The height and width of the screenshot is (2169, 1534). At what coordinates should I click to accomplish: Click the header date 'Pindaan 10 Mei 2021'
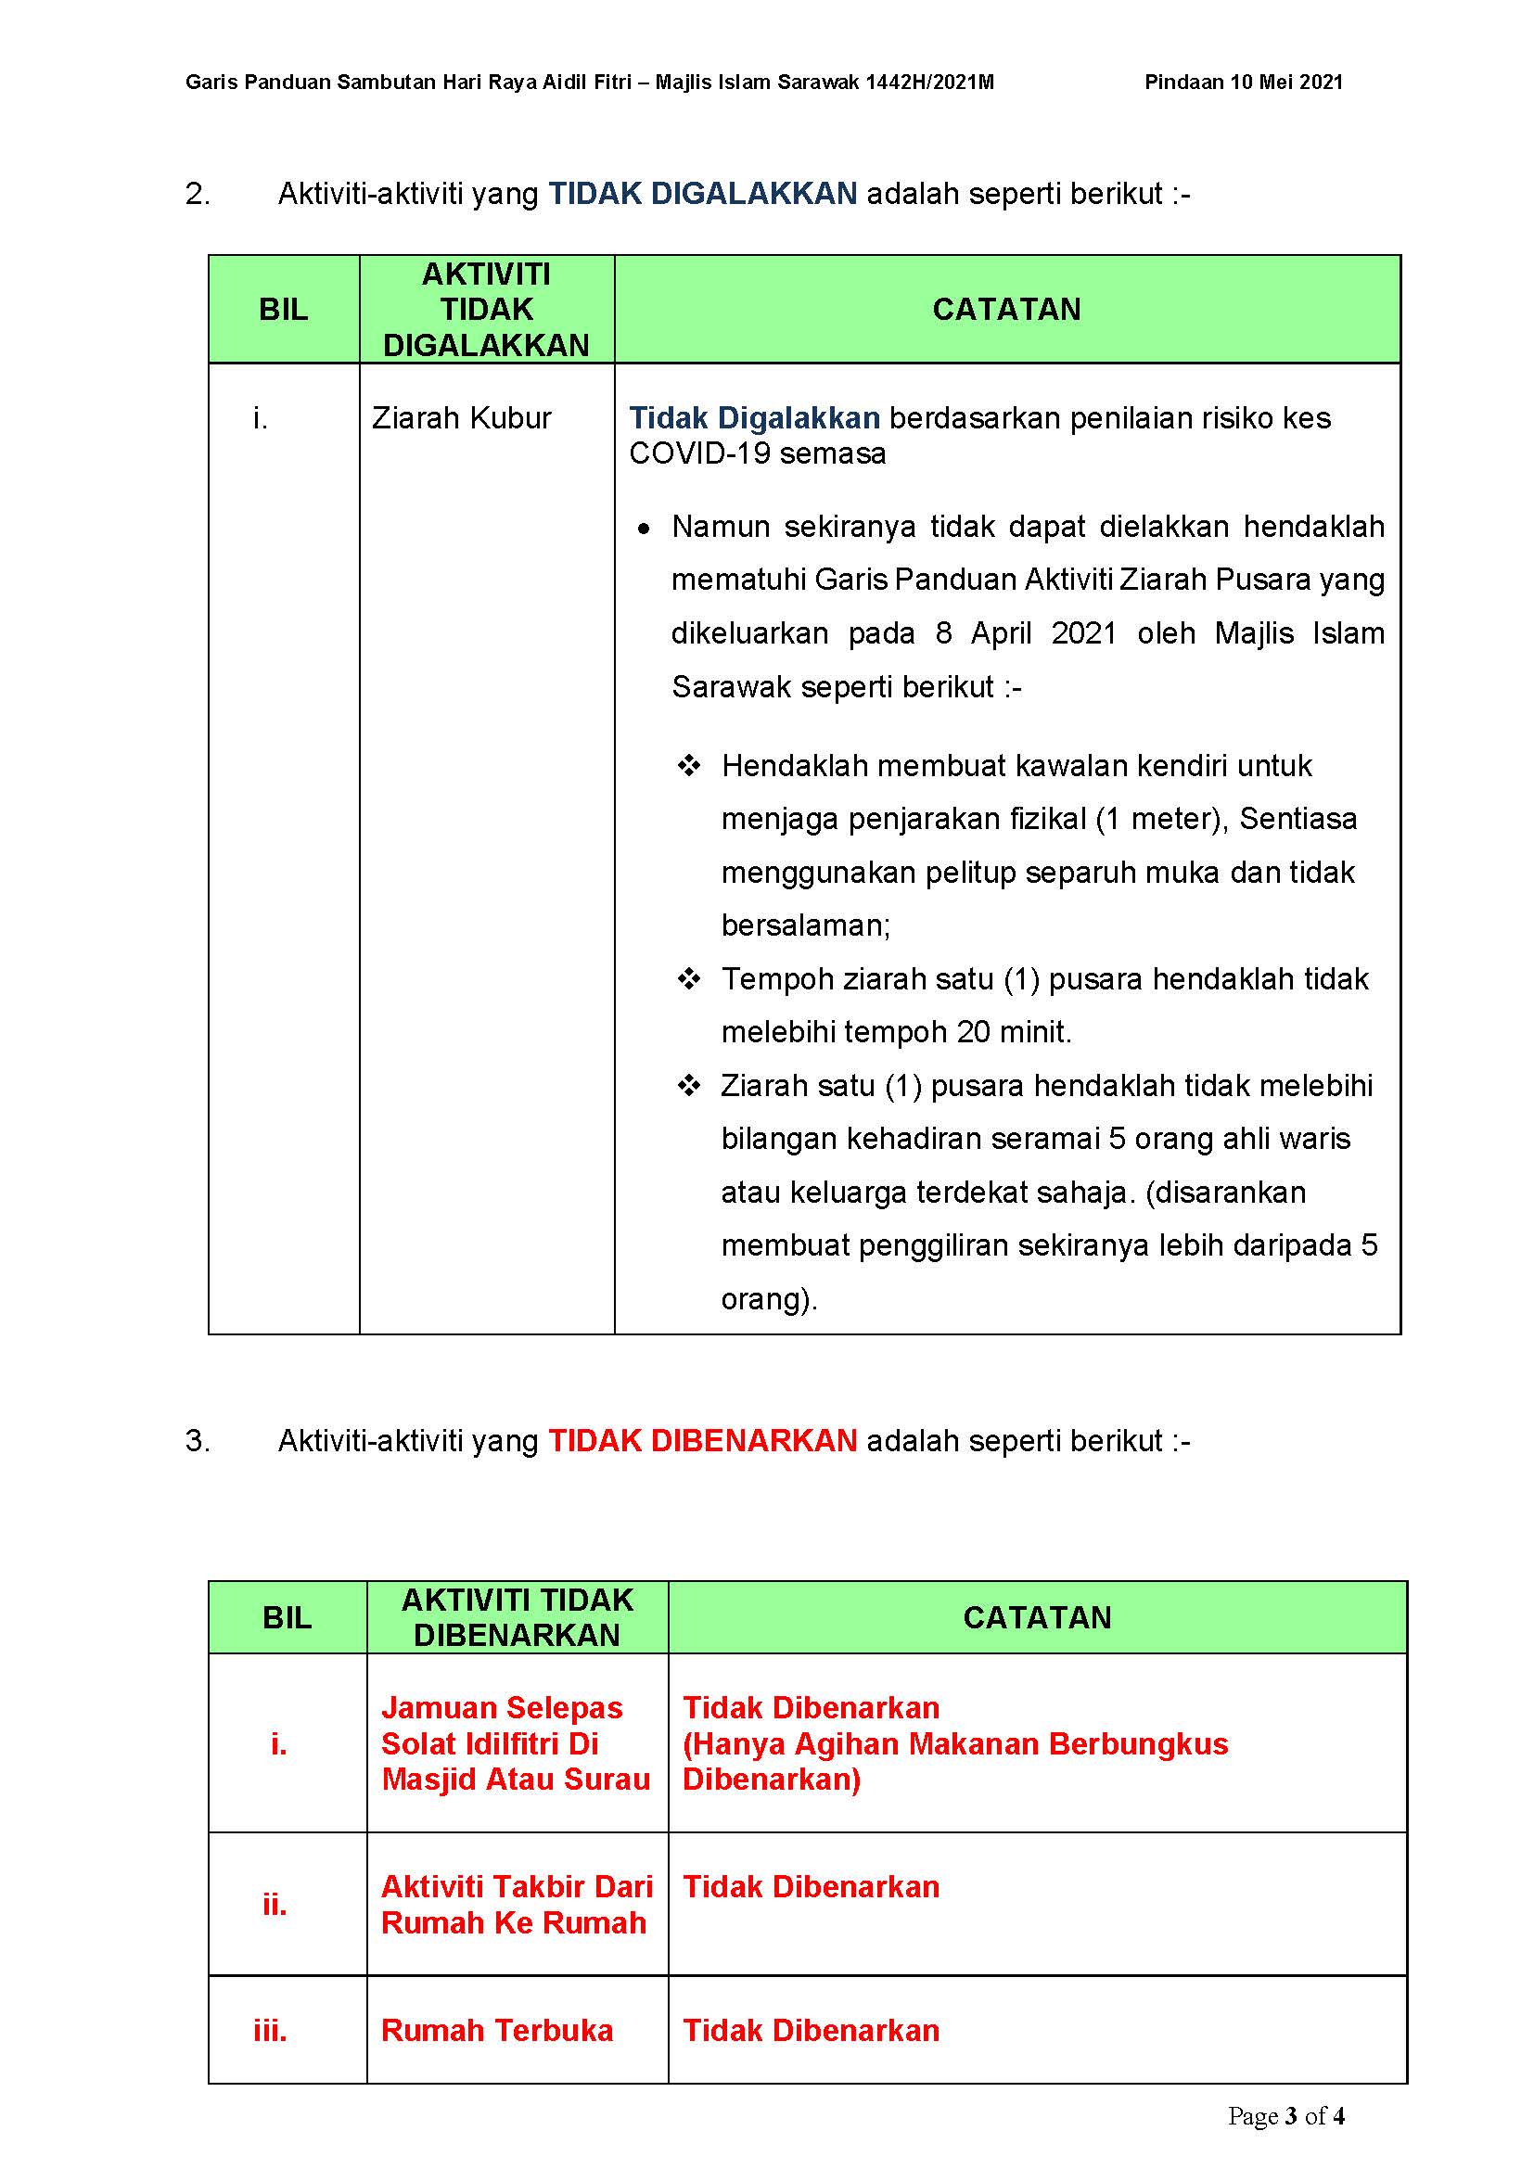coord(1243,83)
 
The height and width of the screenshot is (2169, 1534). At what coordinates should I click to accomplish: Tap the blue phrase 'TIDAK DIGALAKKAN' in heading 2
coord(703,194)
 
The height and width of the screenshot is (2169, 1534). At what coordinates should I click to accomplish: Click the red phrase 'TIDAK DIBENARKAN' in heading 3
coord(703,1441)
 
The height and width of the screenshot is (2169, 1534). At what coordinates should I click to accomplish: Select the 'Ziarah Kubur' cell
coord(461,417)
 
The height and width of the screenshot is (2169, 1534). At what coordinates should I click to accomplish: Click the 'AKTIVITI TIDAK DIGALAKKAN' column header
coord(487,310)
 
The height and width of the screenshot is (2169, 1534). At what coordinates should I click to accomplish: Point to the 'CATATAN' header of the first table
coord(1006,310)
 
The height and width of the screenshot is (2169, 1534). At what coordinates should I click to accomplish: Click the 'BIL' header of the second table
coord(288,1617)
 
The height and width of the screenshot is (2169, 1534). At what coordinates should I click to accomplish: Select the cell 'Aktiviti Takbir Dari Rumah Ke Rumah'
coord(516,1905)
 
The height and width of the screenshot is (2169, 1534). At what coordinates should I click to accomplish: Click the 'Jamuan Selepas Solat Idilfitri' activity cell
coord(516,1743)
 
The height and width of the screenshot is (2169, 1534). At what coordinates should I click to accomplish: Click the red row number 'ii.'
coord(274,1905)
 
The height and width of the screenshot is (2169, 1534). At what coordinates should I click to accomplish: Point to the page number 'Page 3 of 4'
coord(1285,2116)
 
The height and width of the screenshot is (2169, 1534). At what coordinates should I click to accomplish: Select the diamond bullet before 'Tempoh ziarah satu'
coord(688,977)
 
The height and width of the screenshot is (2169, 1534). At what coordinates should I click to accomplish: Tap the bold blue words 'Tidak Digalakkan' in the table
coord(754,417)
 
